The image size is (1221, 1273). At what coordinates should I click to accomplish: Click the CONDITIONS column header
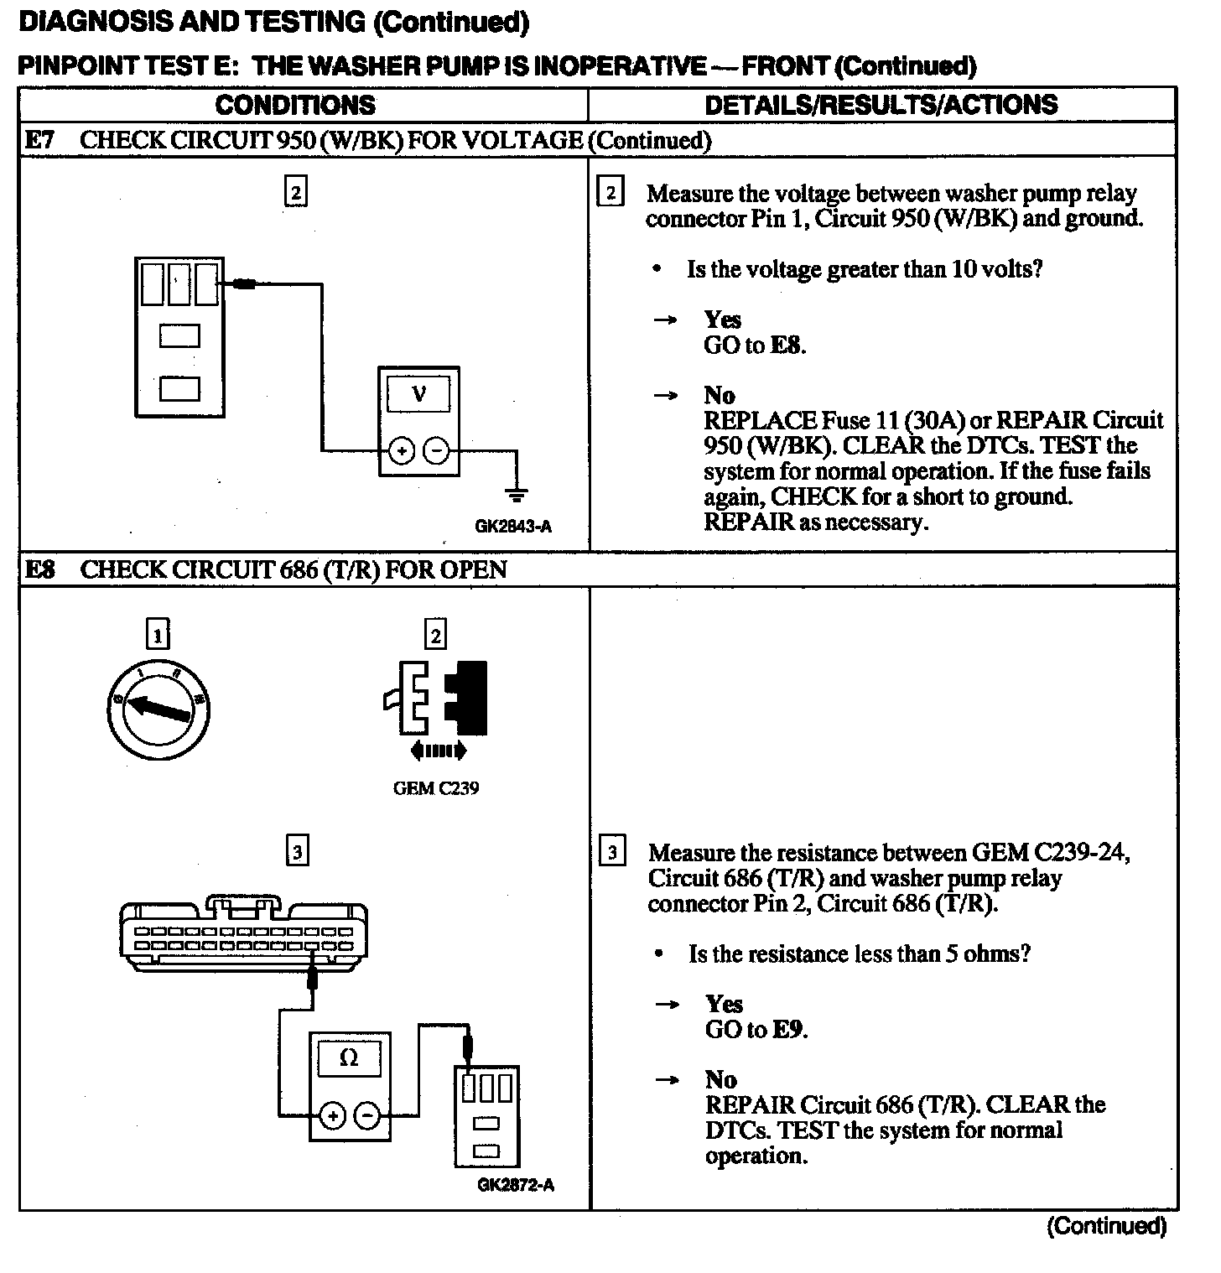click(295, 105)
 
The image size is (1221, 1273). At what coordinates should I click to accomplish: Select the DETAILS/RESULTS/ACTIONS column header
click(881, 105)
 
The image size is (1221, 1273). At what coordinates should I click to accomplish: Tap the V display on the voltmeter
click(418, 394)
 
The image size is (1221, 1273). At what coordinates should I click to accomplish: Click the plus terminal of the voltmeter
click(402, 451)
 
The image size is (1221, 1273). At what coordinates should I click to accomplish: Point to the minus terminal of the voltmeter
click(436, 451)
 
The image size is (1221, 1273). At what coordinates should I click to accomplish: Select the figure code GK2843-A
click(513, 527)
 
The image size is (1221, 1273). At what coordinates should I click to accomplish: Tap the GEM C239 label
click(435, 788)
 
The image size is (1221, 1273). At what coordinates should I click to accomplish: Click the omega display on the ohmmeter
click(350, 1058)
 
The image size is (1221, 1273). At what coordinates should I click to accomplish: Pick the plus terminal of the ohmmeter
click(333, 1115)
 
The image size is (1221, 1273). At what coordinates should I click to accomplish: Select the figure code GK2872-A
click(515, 1185)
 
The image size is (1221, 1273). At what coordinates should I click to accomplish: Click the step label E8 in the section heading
click(39, 570)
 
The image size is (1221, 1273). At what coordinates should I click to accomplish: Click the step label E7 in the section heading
click(39, 140)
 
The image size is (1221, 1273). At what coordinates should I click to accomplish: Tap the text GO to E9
click(756, 1029)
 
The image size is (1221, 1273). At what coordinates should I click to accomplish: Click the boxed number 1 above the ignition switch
click(158, 634)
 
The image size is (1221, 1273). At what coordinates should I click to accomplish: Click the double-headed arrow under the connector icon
click(435, 751)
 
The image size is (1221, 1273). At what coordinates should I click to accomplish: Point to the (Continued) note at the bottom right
click(1106, 1226)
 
